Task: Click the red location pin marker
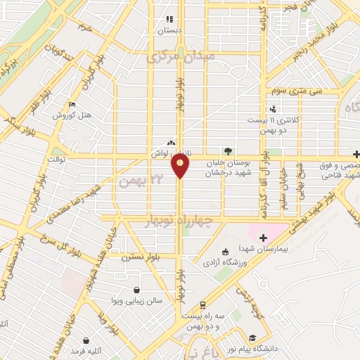point(180,167)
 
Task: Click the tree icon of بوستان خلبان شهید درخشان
point(226,150)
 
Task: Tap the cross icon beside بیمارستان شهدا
point(264,238)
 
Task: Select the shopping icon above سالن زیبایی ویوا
point(136,290)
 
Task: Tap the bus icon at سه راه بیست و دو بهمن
point(202,305)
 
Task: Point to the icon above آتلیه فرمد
point(85,340)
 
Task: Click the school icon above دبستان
point(169,20)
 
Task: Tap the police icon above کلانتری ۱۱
point(272,108)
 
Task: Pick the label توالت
point(56,160)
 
